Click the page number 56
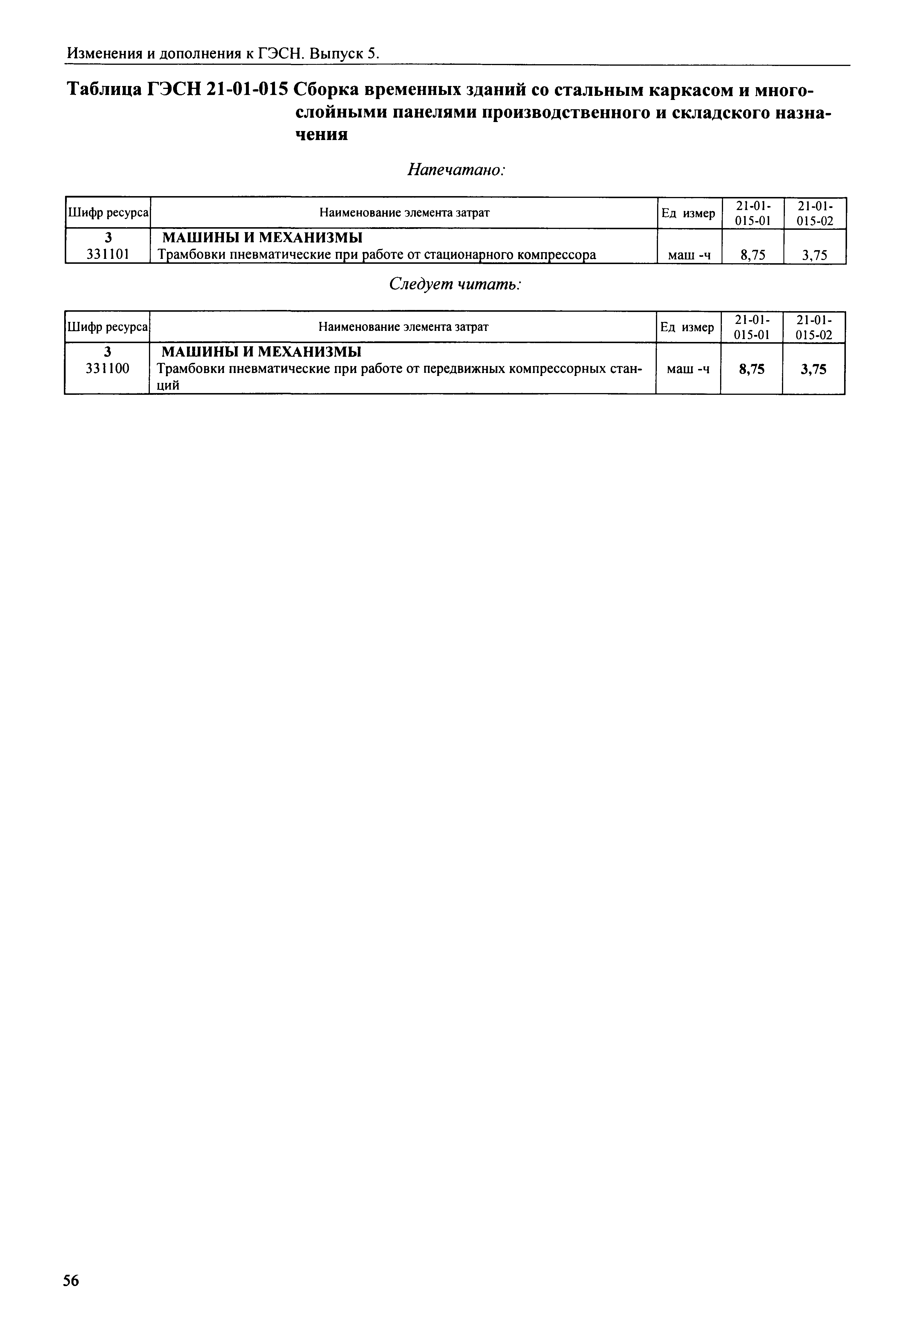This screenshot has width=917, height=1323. tap(71, 1281)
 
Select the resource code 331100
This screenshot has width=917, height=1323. tap(107, 369)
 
